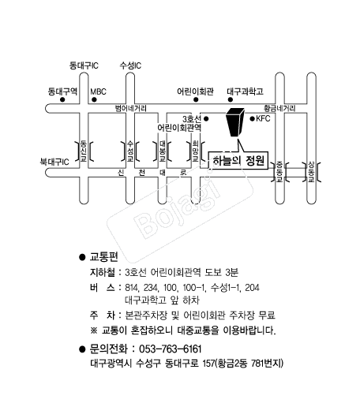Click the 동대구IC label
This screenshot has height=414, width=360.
pos(84,65)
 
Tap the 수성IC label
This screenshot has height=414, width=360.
pos(130,65)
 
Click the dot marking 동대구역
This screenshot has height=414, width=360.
pos(62,99)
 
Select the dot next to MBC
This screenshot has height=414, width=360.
pos(94,99)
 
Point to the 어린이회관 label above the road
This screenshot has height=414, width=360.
pos(195,91)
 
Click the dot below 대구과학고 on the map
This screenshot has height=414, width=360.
pos(231,99)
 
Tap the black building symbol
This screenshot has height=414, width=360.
pos(235,122)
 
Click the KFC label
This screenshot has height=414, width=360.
pos(263,118)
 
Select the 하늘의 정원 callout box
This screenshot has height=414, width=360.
pos(238,161)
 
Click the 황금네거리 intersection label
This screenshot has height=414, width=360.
pos(279,108)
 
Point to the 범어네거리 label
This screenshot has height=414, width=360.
pos(130,108)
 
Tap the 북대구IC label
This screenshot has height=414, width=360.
pos(54,162)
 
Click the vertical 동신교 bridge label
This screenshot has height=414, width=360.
pos(84,151)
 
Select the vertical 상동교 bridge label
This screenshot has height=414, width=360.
pos(311,172)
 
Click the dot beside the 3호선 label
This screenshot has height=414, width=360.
pos(206,119)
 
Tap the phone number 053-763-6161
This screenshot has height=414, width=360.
pos(171,349)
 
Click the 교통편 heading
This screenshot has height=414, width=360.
pos(104,256)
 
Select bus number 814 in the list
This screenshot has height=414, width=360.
pos(130,287)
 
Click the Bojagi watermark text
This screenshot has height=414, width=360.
pos(177,207)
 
